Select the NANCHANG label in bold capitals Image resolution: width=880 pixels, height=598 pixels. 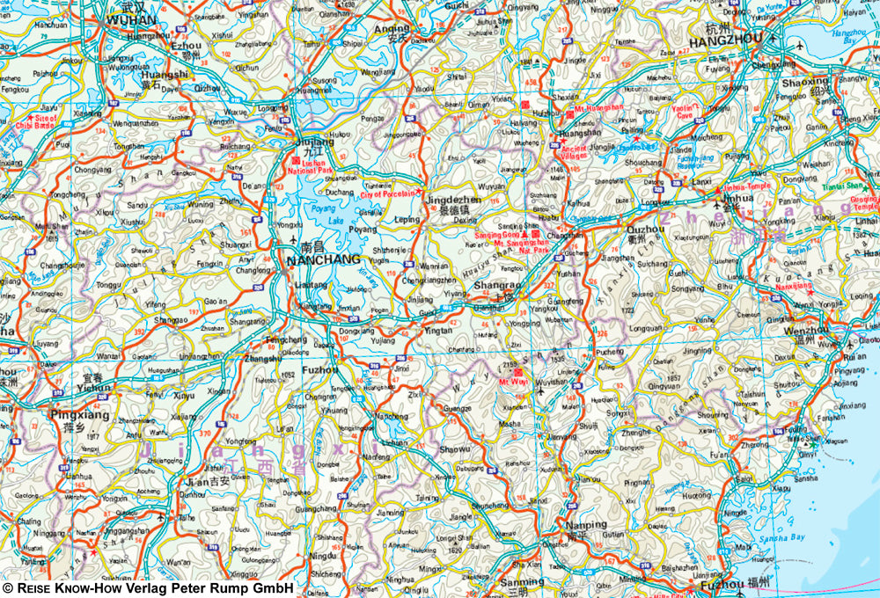tap(325, 260)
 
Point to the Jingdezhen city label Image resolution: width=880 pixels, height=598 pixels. tap(453, 201)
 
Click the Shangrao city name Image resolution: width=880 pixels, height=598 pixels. tap(498, 285)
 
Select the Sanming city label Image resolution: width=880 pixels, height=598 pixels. tap(522, 582)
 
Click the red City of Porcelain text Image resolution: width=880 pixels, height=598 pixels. tap(388, 194)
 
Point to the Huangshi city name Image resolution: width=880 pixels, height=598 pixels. tap(165, 75)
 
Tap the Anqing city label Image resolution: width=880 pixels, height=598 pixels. tap(391, 28)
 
